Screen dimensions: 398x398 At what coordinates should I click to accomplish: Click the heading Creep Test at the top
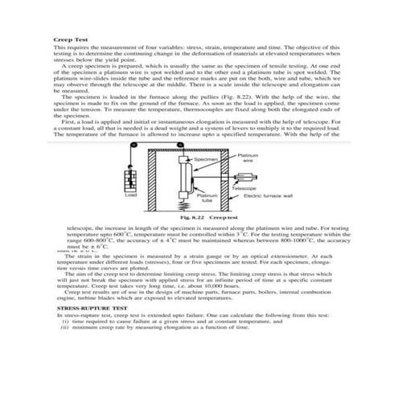[x=68, y=39]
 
